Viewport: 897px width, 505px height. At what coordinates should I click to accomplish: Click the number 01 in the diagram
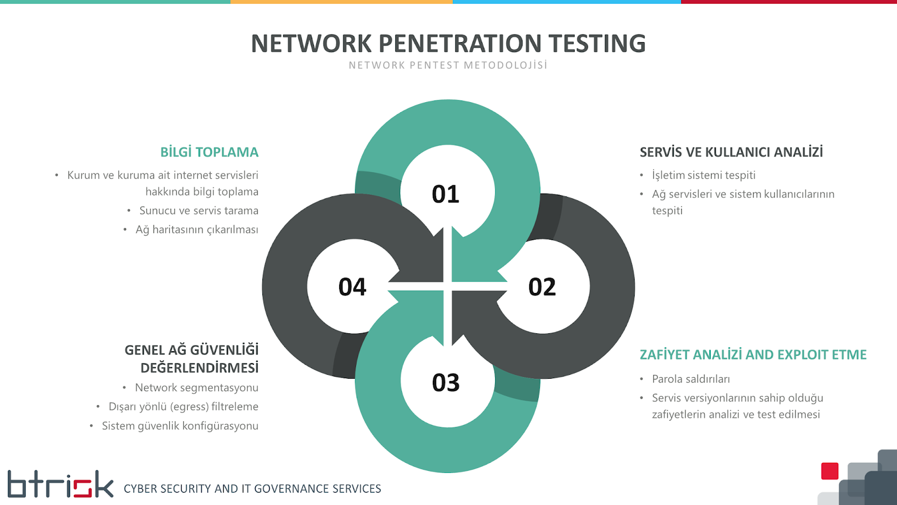coord(446,194)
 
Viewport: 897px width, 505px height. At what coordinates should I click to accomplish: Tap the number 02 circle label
coord(542,287)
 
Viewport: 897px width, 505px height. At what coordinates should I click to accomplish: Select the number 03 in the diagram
coord(446,383)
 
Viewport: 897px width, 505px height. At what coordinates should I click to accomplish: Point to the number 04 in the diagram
coord(352,287)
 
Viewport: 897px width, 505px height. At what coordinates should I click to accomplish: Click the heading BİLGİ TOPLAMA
coord(209,152)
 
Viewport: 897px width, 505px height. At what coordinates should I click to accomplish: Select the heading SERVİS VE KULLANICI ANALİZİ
coord(731,152)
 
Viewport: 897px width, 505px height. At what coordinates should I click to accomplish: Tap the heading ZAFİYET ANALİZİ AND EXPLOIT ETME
coord(753,355)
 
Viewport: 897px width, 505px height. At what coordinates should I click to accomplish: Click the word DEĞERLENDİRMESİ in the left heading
coord(200,368)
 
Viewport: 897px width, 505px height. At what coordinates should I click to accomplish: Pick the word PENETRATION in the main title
coord(460,44)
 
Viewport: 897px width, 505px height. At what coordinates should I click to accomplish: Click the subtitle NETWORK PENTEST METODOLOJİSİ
coord(448,66)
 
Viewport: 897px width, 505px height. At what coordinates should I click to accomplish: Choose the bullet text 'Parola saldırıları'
coord(691,379)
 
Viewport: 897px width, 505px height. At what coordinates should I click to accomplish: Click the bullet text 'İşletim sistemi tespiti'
coord(704,175)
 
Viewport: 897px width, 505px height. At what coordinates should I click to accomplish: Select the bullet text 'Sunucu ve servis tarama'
coord(199,211)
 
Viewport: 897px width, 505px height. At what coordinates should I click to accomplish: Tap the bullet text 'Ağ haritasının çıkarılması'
coord(197,229)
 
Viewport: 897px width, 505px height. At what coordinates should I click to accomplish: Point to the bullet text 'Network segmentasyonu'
coord(197,388)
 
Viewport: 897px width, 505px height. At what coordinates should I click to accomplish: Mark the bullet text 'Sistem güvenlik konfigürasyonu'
coord(180,426)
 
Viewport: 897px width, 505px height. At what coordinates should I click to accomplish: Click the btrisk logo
coord(60,484)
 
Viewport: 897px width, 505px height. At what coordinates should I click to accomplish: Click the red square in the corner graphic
coord(830,471)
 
